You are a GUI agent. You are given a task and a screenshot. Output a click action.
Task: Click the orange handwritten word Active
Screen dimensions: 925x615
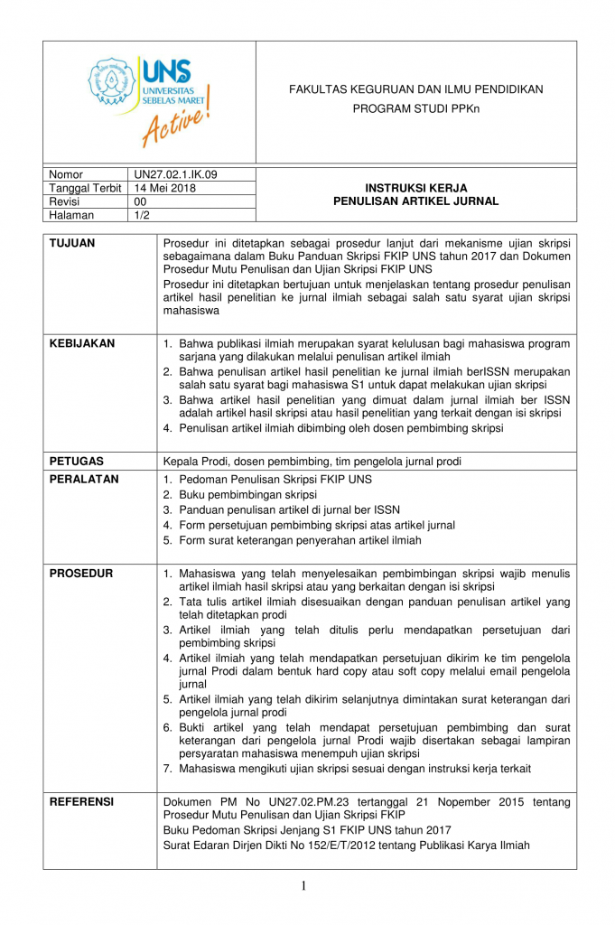177,123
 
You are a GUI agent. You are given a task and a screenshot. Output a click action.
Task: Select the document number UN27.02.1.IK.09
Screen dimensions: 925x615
175,174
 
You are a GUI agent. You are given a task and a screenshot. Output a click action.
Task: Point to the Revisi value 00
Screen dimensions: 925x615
140,201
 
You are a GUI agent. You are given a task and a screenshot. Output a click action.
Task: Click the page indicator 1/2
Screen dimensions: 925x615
142,215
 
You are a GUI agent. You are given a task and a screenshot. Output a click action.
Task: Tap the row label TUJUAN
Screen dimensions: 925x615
72,243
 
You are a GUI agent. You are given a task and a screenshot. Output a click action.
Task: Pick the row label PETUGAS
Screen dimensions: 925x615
77,462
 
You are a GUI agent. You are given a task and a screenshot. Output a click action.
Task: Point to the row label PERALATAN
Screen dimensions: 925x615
84,480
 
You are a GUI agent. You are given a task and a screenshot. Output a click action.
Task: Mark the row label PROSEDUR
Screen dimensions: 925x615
81,574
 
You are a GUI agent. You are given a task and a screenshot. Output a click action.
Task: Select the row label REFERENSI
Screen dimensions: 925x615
82,801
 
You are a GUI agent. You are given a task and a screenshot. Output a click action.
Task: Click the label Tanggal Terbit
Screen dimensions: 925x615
85,188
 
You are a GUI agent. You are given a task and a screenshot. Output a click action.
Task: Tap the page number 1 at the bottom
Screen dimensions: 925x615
303,886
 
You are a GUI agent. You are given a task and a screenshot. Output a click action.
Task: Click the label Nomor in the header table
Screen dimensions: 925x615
66,174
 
